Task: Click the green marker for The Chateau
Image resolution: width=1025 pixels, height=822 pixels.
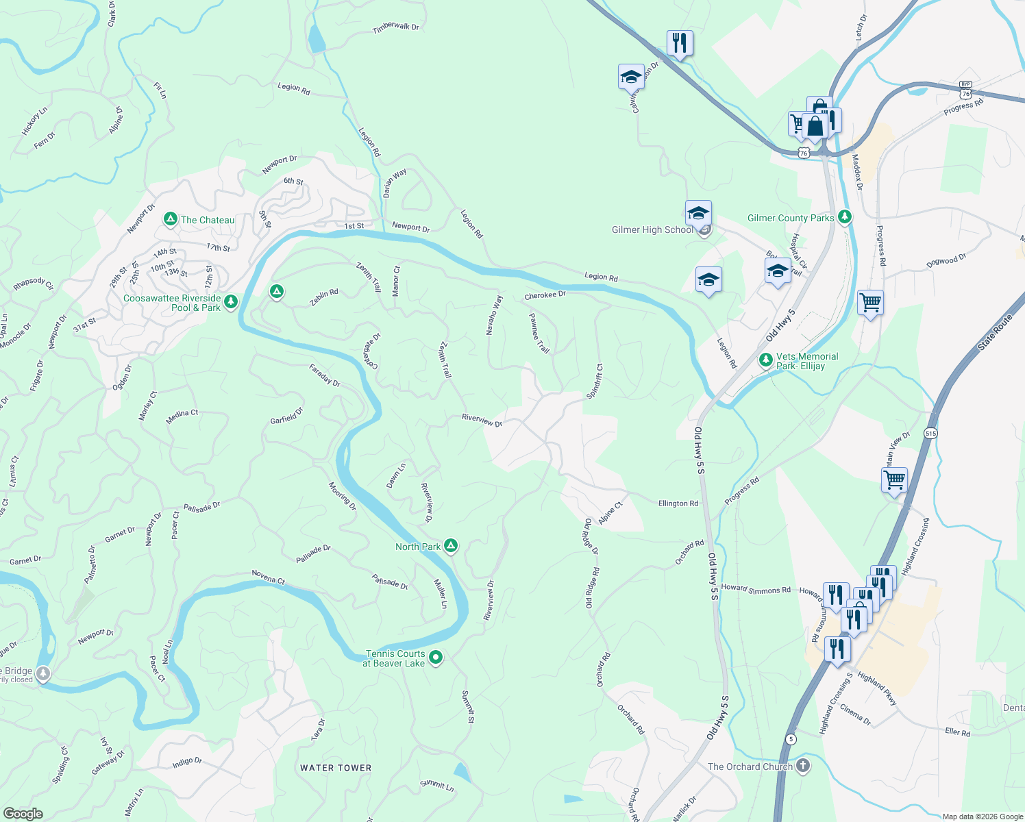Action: click(171, 219)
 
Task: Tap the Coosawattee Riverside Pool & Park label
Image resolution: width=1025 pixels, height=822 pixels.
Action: click(172, 303)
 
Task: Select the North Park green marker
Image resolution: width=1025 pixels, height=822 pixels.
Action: click(450, 546)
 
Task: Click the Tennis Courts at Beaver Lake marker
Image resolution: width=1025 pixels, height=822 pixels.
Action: click(436, 658)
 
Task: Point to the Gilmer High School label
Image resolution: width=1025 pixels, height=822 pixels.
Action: click(652, 230)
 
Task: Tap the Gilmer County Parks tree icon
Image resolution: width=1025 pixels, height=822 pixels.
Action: click(845, 217)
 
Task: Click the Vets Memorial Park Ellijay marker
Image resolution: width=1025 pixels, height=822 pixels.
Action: click(766, 360)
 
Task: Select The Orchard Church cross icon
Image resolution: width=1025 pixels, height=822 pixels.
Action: click(803, 766)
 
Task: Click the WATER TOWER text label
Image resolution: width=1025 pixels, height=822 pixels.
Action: click(336, 768)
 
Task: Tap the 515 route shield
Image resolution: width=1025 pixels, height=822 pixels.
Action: click(930, 434)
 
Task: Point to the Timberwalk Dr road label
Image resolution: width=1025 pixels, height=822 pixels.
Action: click(395, 27)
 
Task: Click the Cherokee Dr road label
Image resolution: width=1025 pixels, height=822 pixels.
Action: click(545, 295)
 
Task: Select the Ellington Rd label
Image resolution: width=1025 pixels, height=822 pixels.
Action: click(678, 503)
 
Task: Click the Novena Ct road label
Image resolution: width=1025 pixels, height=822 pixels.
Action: click(268, 577)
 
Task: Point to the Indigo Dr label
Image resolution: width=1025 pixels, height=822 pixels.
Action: click(187, 761)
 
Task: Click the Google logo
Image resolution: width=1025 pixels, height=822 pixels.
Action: click(23, 813)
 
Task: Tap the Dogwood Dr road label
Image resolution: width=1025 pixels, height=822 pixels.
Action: click(946, 260)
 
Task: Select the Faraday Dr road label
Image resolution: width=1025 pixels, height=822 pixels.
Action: click(325, 375)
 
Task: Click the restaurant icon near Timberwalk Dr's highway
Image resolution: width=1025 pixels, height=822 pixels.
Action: click(679, 44)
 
